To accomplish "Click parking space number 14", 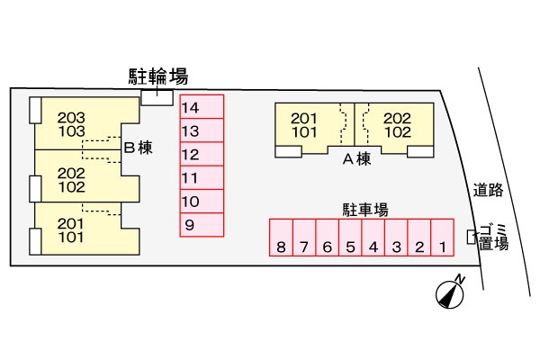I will pos(201,107).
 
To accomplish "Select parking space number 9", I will pos(201,224).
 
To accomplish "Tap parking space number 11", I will pos(201,177).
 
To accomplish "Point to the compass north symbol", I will pos(449,292).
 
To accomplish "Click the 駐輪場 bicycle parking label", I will pos(158,76).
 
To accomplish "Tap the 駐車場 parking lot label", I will pos(364,209).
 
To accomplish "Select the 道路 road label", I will pos(489,190).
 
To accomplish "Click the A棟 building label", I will pos(356,159).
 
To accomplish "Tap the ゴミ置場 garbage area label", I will pos(493,237).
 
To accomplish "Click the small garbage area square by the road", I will pos(471,237).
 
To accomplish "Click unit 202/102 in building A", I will pos(397,124).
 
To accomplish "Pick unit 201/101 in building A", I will pos(304,124).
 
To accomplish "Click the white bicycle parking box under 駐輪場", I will pos(157,97).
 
